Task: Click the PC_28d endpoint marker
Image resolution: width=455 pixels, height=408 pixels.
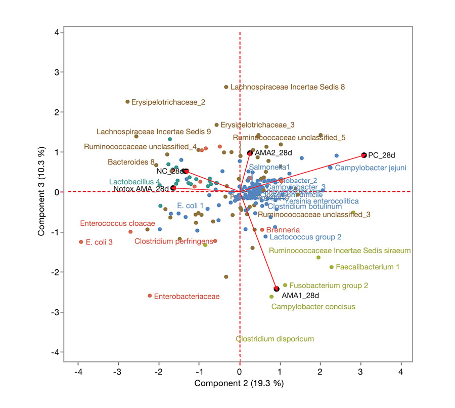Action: click(x=363, y=155)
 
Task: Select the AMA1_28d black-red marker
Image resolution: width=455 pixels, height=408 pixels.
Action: click(x=277, y=289)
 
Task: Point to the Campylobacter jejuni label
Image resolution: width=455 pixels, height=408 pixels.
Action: click(x=371, y=168)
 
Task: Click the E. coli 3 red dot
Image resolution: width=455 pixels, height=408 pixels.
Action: click(x=81, y=242)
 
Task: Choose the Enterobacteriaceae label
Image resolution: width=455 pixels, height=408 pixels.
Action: click(x=187, y=296)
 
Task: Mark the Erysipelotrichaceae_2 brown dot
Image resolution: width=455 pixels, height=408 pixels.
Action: click(x=127, y=102)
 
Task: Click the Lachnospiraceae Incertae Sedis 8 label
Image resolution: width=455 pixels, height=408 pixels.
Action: click(x=287, y=87)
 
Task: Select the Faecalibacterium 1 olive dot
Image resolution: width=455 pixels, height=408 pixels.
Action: click(x=332, y=267)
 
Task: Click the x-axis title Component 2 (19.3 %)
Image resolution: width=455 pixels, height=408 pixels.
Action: click(x=239, y=383)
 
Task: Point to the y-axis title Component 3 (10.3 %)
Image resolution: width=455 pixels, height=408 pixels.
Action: click(x=42, y=192)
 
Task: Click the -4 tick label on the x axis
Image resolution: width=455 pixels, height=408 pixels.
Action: click(x=78, y=372)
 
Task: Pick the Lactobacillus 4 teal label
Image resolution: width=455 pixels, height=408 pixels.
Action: click(x=134, y=181)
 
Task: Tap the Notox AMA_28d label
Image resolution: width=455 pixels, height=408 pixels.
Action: click(x=141, y=189)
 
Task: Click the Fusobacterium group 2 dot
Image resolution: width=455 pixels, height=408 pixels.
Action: click(x=285, y=285)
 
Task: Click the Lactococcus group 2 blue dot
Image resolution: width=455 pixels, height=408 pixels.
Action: click(x=265, y=236)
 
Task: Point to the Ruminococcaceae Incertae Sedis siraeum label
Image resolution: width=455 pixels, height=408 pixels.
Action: click(x=340, y=250)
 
